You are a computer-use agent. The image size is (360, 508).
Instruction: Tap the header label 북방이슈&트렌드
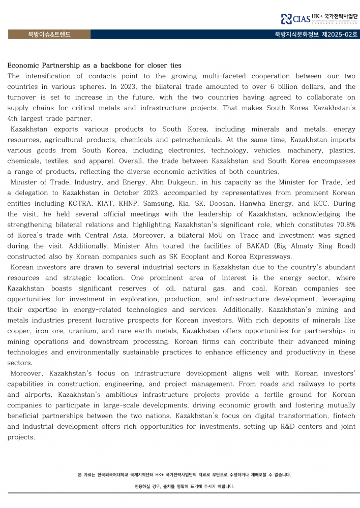click(49, 35)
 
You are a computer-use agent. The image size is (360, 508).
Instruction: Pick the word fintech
click(342, 416)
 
